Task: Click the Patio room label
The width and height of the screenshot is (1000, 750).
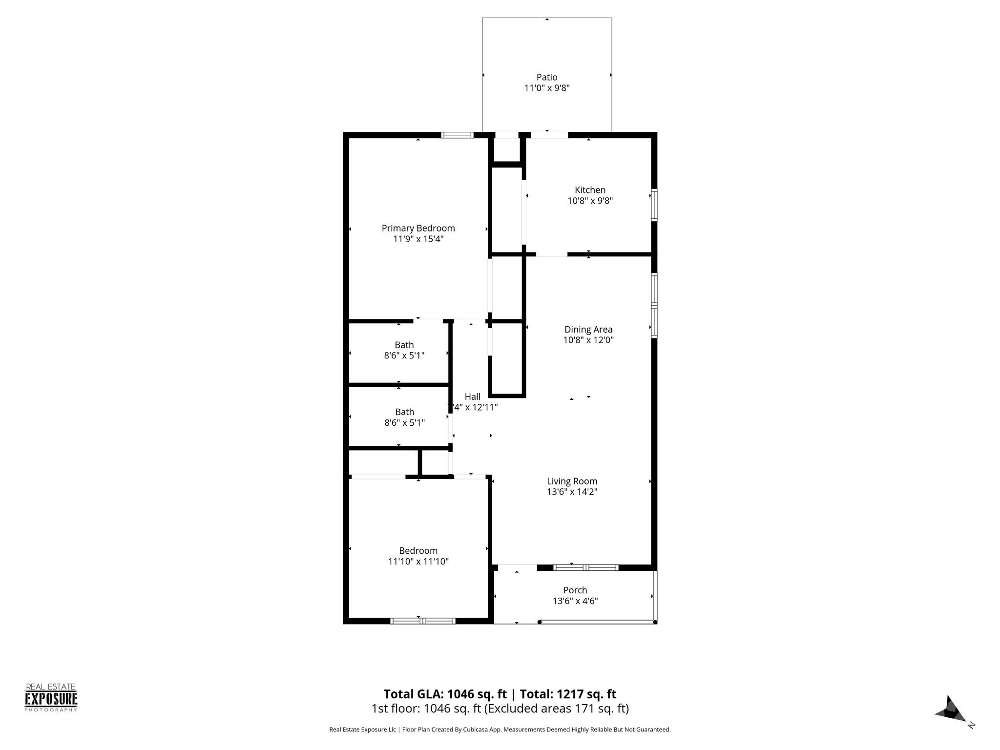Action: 546,77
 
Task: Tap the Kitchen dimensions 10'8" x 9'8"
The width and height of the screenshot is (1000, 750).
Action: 590,201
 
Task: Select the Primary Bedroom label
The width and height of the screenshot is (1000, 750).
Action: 418,228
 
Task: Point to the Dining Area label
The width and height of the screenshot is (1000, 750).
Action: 588,330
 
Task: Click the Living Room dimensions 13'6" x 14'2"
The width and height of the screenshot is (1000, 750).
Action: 572,492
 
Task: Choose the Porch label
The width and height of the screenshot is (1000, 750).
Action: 575,590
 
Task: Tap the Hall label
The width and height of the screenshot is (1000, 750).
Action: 472,396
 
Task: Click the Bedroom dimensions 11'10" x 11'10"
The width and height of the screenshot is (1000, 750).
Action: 418,562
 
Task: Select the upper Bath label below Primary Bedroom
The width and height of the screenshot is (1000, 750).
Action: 404,345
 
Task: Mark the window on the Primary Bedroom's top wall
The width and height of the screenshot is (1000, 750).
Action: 457,135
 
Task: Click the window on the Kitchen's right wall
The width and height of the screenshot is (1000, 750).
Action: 654,205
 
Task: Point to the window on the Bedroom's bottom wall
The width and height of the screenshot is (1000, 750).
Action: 423,621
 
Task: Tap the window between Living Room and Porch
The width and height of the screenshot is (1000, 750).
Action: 586,567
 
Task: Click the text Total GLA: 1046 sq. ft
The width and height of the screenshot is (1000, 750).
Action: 445,694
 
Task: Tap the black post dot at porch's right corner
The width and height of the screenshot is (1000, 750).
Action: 655,622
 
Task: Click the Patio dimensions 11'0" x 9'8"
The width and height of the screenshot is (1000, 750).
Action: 546,88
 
